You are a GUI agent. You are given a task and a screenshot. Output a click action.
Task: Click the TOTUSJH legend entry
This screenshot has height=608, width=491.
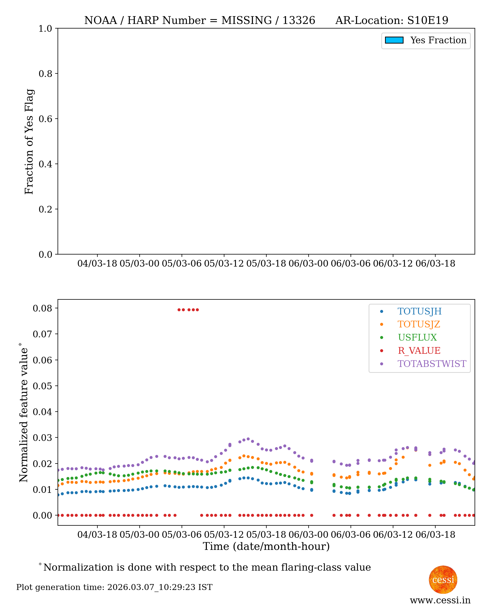coord(419,311)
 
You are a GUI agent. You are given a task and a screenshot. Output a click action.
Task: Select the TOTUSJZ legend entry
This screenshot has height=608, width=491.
coord(419,324)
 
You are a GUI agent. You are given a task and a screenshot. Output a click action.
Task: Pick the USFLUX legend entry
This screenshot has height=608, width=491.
coord(417,337)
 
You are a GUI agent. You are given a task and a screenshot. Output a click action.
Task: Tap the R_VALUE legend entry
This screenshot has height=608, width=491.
coord(419,351)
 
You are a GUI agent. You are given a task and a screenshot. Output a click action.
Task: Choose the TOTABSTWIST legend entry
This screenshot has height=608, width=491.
coord(432,364)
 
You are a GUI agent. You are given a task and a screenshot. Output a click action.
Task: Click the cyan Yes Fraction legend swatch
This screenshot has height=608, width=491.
coord(394,40)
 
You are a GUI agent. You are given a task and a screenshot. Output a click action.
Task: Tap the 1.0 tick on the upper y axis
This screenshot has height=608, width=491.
coord(45,29)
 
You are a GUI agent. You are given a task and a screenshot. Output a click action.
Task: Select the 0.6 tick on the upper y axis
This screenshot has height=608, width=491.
coord(45,119)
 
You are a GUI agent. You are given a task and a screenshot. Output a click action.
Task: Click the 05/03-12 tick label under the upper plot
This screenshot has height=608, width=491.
coord(224,264)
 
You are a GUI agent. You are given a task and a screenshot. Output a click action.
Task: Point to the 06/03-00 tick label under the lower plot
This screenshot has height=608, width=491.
coord(308,535)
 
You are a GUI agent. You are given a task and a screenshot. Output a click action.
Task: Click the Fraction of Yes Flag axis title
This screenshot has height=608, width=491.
coord(29,142)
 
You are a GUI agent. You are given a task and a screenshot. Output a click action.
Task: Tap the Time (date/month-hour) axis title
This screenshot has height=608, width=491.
coord(266,546)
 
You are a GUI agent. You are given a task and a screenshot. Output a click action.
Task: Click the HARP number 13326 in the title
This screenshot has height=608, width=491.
coord(299,20)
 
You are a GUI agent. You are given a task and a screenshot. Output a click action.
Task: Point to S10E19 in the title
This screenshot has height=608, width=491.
coord(428,20)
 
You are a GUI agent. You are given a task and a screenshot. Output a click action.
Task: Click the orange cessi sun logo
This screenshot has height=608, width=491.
coord(443,579)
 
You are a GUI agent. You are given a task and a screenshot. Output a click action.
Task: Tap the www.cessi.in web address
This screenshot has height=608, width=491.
coord(440,600)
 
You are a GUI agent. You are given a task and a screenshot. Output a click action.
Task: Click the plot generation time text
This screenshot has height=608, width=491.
coord(114,587)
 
